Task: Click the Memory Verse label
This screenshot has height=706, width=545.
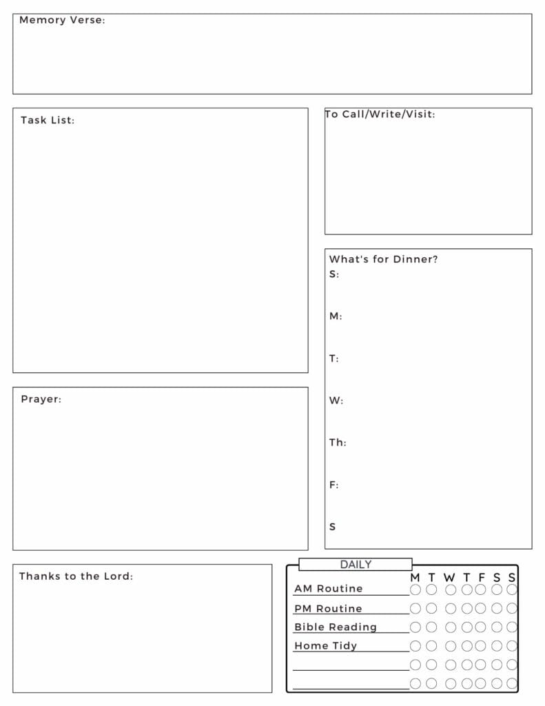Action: [62, 20]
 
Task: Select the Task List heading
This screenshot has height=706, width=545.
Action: [48, 120]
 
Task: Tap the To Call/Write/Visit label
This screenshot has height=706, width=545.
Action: [380, 114]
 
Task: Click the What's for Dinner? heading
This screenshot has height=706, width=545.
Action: [383, 259]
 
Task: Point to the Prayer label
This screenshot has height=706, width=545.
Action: [41, 399]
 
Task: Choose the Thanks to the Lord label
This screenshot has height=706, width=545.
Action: [76, 576]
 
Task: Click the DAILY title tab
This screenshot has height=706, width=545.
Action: [356, 565]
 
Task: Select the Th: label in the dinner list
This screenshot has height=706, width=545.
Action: [338, 443]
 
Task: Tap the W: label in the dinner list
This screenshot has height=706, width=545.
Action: [336, 401]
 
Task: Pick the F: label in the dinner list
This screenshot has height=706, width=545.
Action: [334, 485]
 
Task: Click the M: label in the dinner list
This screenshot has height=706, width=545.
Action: [336, 316]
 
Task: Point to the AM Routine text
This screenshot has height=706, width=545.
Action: [328, 589]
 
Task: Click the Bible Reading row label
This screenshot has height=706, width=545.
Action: [336, 627]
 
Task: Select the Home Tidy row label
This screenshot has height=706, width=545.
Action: [326, 646]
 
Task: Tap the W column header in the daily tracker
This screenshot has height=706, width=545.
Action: [449, 578]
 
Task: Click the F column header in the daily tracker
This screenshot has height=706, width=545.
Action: [482, 578]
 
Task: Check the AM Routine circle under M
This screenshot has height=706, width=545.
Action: [415, 589]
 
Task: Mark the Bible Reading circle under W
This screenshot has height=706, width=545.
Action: [451, 627]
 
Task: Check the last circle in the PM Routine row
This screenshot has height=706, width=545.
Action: [512, 609]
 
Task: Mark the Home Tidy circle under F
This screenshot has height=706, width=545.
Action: [480, 646]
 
